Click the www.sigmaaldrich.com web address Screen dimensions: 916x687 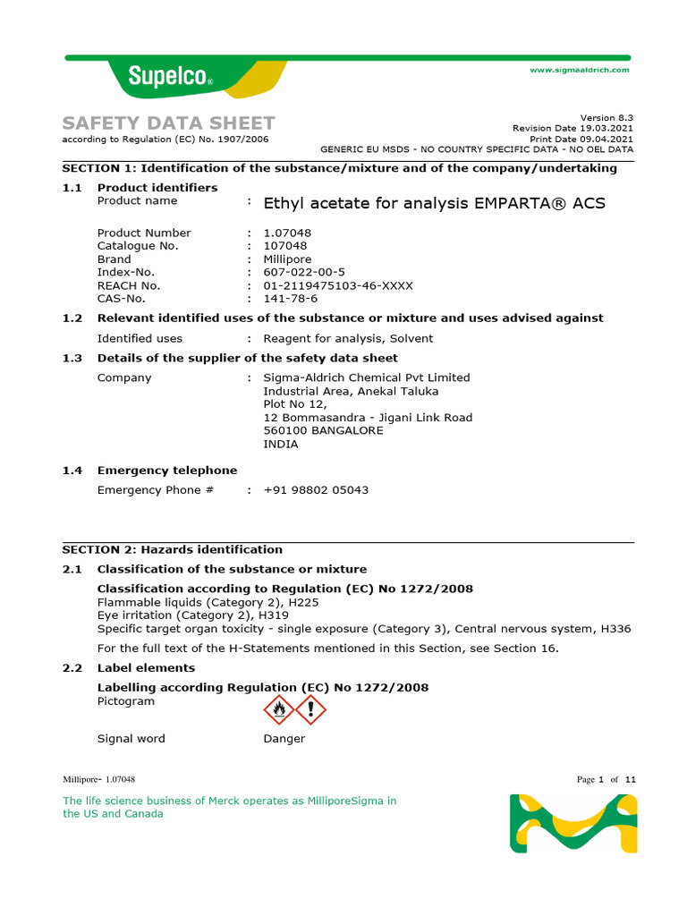tap(580, 70)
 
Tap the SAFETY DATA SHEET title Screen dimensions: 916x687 tap(168, 123)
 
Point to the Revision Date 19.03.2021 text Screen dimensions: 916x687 tap(572, 128)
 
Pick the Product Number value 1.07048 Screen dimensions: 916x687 tap(287, 233)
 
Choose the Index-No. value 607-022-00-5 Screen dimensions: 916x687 tap(304, 272)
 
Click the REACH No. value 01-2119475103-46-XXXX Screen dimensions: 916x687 tap(338, 285)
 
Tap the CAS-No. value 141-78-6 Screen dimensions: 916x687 tap(291, 299)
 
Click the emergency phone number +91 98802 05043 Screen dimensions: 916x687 tap(316, 490)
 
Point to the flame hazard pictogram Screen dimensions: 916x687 tap(278, 710)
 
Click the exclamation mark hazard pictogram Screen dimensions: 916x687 tap(310, 710)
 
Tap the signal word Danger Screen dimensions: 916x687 tap(284, 739)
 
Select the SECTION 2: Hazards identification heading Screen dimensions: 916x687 tap(172, 549)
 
